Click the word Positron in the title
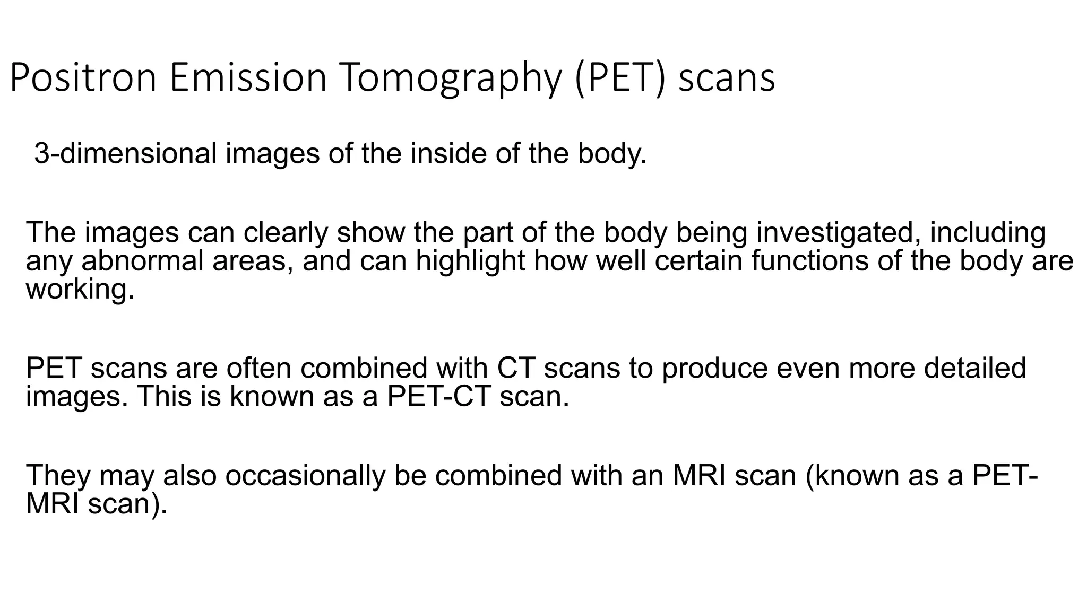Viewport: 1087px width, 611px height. click(x=83, y=78)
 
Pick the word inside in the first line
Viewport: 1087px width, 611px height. click(x=448, y=154)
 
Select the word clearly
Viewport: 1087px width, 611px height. click(x=287, y=233)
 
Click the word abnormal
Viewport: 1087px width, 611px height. click(x=142, y=261)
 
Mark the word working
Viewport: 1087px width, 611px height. click(x=80, y=290)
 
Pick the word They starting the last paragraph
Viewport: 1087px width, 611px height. click(x=58, y=476)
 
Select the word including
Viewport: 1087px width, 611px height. click(x=988, y=233)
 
